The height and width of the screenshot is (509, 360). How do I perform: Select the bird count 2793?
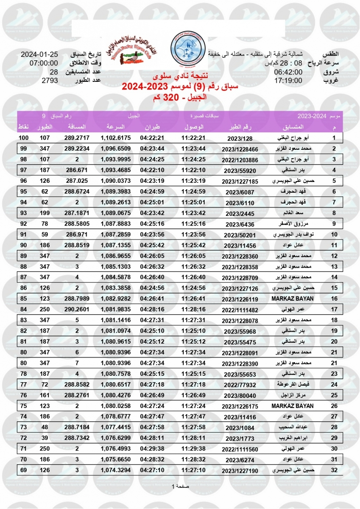[50, 80]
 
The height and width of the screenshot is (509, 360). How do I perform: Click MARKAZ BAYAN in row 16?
[292, 299]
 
